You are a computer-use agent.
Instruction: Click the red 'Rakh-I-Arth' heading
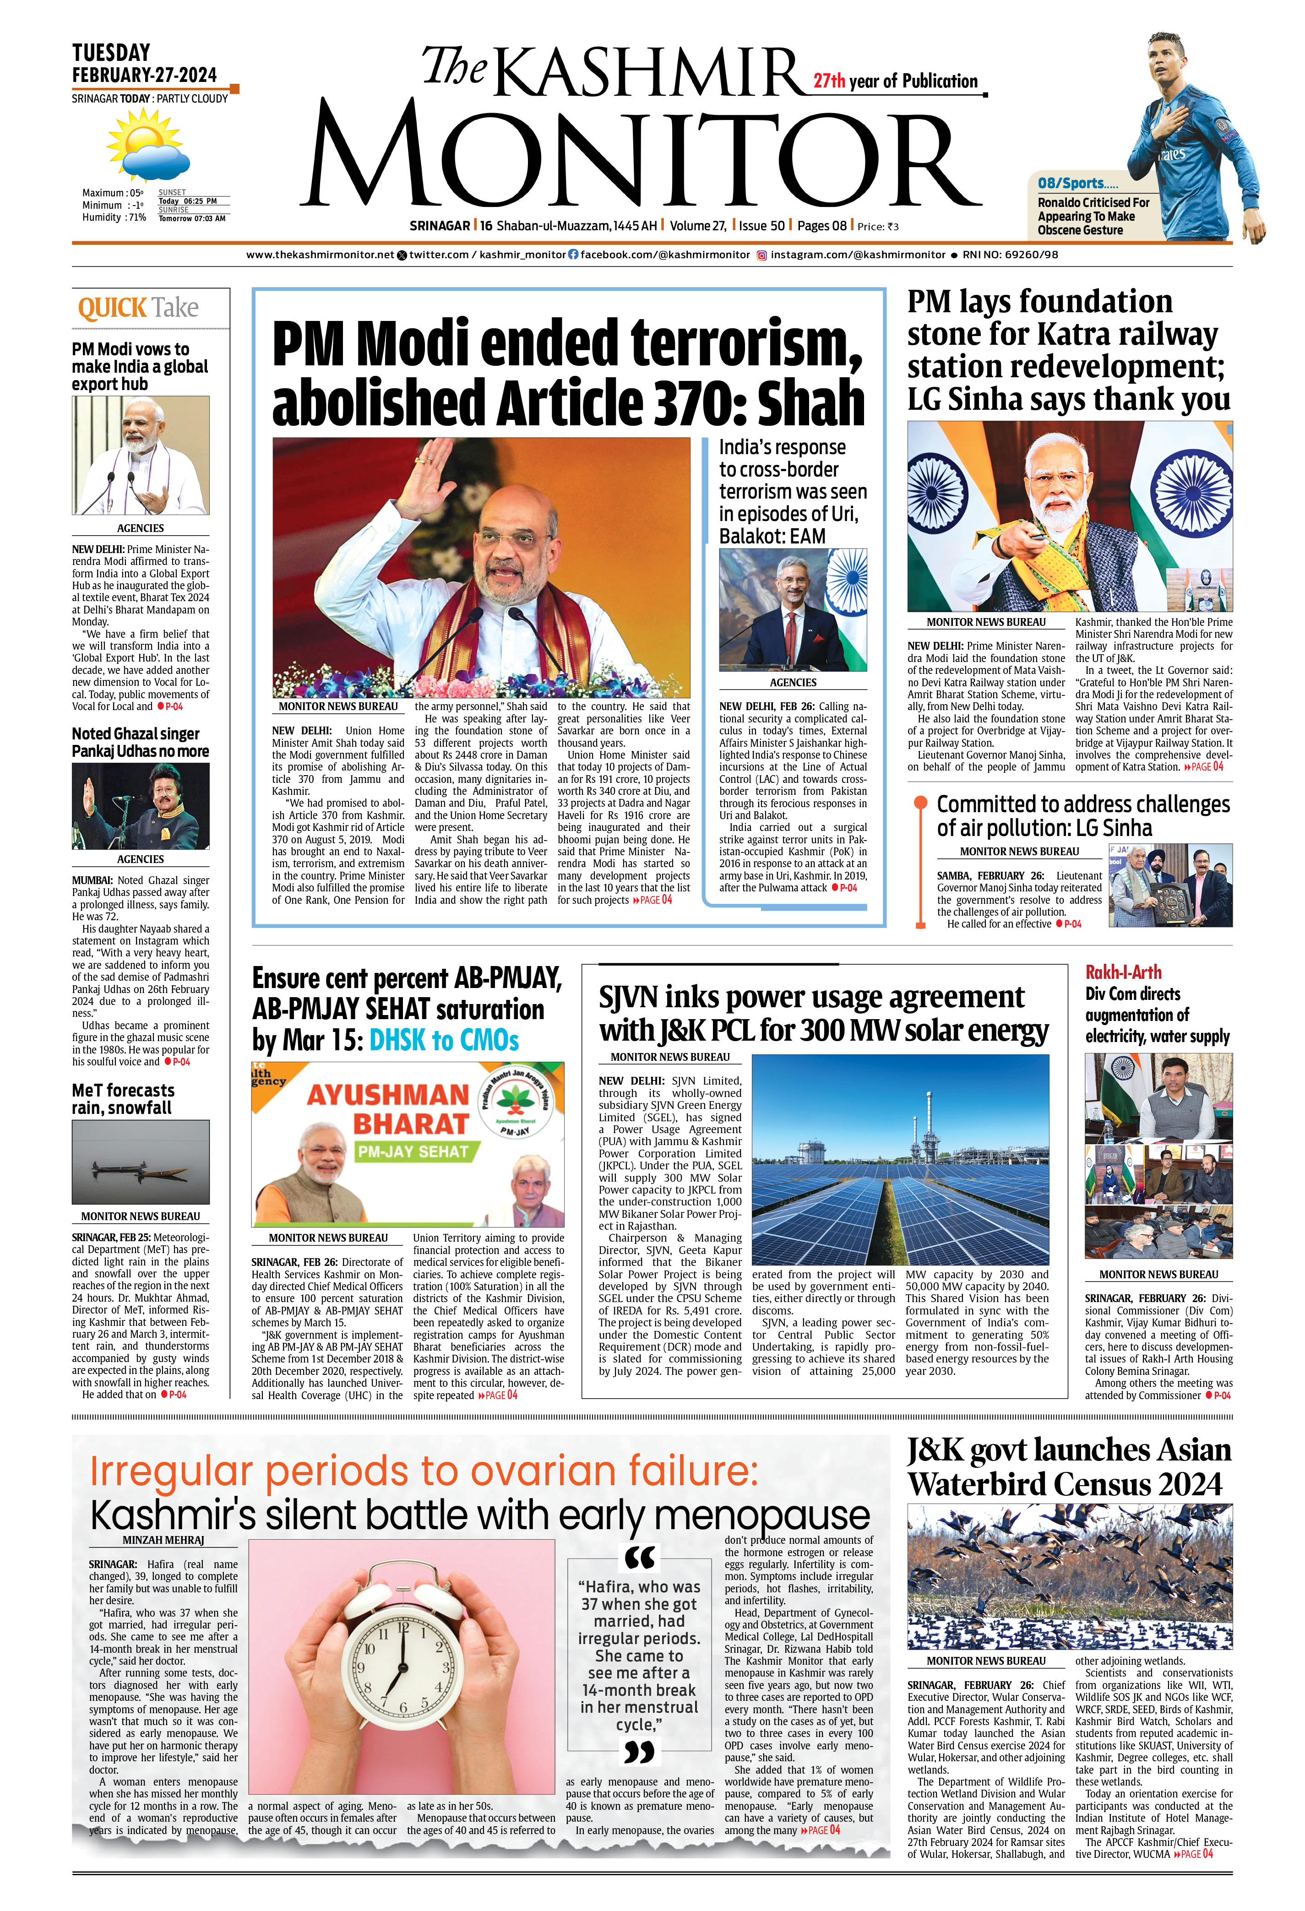[1123, 972]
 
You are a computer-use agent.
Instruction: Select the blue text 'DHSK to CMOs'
[444, 1040]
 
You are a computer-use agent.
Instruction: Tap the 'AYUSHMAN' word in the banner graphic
[387, 1095]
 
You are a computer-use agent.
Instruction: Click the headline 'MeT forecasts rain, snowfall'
[123, 1099]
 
